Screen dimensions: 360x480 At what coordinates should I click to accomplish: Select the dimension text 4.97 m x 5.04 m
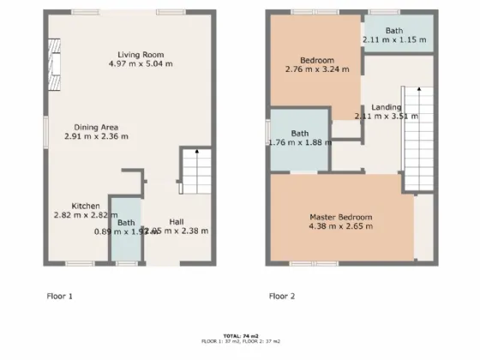point(141,63)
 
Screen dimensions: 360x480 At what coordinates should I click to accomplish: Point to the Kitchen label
point(87,206)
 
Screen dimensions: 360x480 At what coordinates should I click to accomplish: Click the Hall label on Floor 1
point(176,219)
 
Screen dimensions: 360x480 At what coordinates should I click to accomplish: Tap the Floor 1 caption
point(58,296)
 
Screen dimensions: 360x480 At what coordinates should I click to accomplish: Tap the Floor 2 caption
point(282,296)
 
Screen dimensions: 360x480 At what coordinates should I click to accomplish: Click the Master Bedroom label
point(340,217)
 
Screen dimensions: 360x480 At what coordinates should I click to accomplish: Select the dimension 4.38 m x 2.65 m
point(341,228)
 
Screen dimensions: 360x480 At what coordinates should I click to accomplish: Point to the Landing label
point(386,106)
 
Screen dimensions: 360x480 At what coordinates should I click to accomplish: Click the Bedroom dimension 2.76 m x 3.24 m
point(316,70)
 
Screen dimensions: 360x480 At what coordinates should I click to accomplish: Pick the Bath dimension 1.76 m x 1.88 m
point(300,144)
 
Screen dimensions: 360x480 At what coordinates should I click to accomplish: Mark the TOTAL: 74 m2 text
point(240,335)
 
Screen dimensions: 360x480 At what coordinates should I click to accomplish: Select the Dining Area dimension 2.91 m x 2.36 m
point(97,135)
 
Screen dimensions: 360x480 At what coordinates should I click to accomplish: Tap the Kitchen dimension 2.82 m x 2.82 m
point(87,216)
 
